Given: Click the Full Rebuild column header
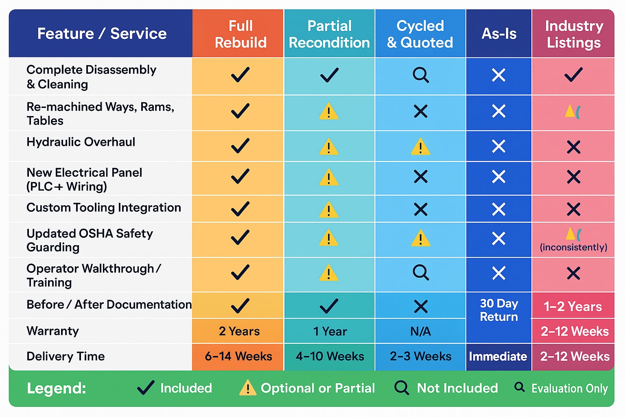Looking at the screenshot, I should [x=240, y=34].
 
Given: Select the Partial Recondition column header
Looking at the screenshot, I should [x=329, y=34].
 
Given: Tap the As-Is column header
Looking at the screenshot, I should [x=499, y=34].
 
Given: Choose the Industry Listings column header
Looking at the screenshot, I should [x=574, y=34].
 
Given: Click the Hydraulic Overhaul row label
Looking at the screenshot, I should [x=81, y=142].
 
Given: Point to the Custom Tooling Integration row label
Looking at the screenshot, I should [x=104, y=208].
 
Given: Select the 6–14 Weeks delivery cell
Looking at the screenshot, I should [x=238, y=356].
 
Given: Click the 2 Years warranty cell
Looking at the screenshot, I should [x=239, y=331].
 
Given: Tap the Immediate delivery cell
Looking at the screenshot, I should [x=498, y=356].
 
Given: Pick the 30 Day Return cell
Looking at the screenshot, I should [x=499, y=310].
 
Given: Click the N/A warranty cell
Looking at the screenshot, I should [x=420, y=331].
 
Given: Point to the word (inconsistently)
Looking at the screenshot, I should [x=573, y=247].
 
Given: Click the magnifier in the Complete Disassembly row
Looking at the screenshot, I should [x=420, y=75].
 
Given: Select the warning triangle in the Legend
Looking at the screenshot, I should [x=247, y=388].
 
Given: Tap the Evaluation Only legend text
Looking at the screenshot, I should [x=569, y=388].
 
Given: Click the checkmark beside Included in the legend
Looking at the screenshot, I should [x=146, y=388].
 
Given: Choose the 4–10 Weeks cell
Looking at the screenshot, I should [x=330, y=356].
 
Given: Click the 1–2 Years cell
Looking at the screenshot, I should [x=573, y=306].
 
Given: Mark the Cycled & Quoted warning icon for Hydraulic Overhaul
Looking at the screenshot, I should [x=420, y=147].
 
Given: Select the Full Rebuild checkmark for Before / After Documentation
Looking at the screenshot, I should [x=240, y=306].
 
